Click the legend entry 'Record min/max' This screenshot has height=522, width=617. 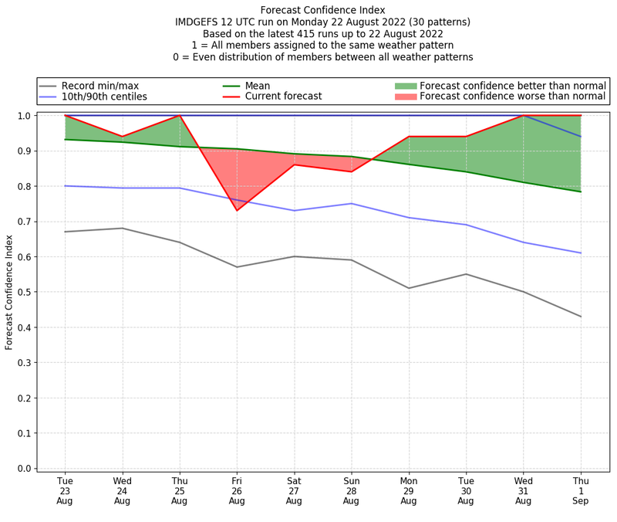point(99,86)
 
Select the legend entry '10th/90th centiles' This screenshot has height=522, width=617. point(104,97)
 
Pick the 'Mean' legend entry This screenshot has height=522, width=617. point(258,86)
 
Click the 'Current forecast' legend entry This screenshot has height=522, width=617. point(283,97)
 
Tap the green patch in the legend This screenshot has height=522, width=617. point(405,86)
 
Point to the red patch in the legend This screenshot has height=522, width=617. point(405,97)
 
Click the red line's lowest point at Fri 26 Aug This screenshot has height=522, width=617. point(237,210)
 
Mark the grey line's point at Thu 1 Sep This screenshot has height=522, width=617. point(580,317)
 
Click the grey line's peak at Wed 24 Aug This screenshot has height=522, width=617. point(122,228)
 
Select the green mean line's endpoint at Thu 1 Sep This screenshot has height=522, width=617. point(580,192)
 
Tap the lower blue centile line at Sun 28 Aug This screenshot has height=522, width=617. point(351,204)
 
